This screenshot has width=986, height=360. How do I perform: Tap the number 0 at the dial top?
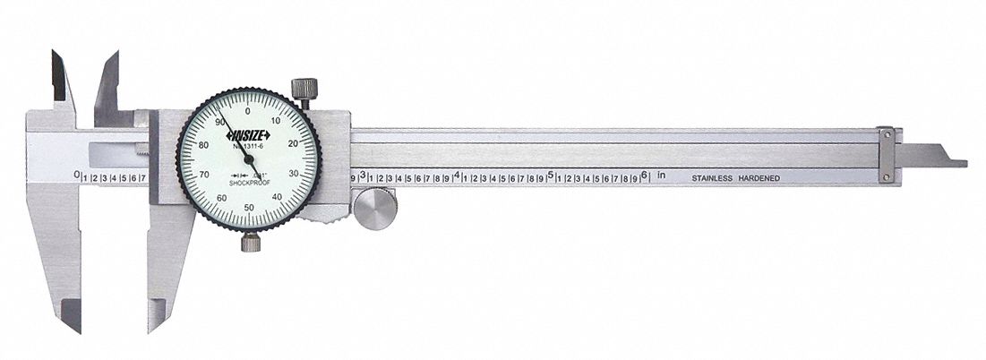[x=248, y=111]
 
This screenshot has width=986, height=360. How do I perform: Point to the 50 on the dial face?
[x=248, y=206]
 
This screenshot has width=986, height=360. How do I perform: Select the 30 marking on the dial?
[x=294, y=174]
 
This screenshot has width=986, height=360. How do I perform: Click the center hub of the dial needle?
[x=248, y=159]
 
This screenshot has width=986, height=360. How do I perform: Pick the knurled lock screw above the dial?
[x=304, y=90]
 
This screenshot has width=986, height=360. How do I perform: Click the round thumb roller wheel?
[x=374, y=210]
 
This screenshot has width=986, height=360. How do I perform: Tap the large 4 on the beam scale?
[x=457, y=176]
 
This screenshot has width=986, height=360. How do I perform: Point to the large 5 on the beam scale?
[x=550, y=176]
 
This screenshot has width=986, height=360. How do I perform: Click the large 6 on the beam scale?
[x=643, y=176]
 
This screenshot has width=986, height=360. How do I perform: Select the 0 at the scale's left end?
[x=76, y=176]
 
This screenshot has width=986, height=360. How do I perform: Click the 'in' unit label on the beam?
[x=662, y=176]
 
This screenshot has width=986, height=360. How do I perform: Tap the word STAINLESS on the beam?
[x=713, y=178]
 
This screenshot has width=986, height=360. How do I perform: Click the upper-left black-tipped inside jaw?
[x=61, y=77]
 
